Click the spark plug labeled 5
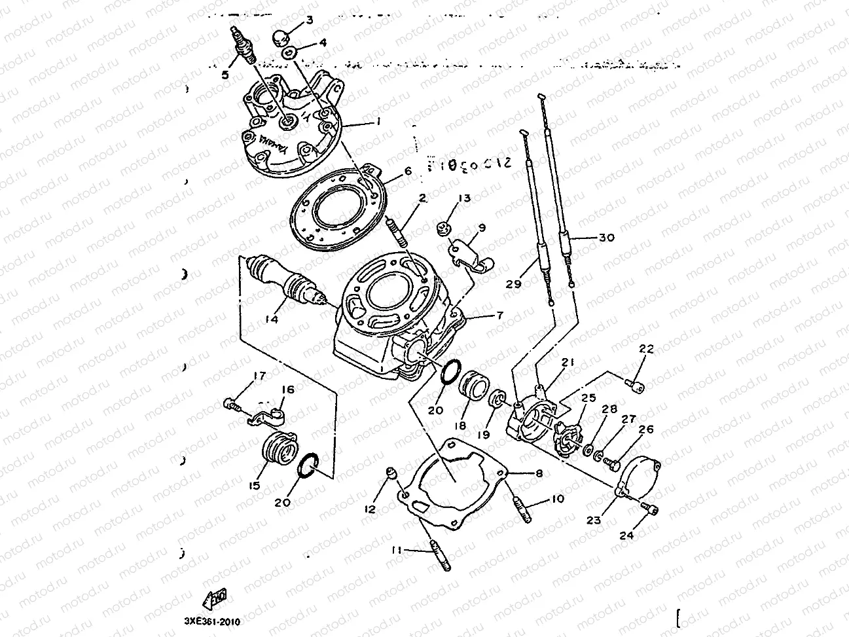(244, 45)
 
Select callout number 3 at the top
(310, 20)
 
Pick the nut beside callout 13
(443, 228)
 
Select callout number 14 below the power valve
(272, 319)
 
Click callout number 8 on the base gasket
(539, 472)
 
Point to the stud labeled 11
(439, 553)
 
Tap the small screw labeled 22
(634, 382)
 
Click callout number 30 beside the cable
(607, 238)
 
